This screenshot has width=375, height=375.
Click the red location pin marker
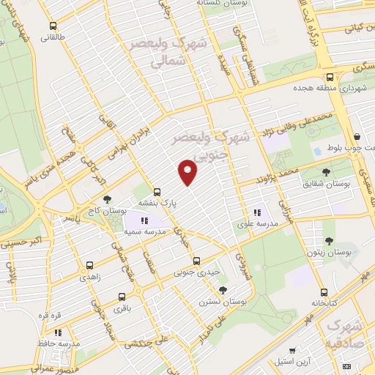point(188,171)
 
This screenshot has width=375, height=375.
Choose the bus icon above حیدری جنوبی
point(196,260)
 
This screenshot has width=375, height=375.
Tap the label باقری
point(122,310)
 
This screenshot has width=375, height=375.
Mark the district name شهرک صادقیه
point(344,333)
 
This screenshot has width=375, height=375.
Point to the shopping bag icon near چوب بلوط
point(357,136)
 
